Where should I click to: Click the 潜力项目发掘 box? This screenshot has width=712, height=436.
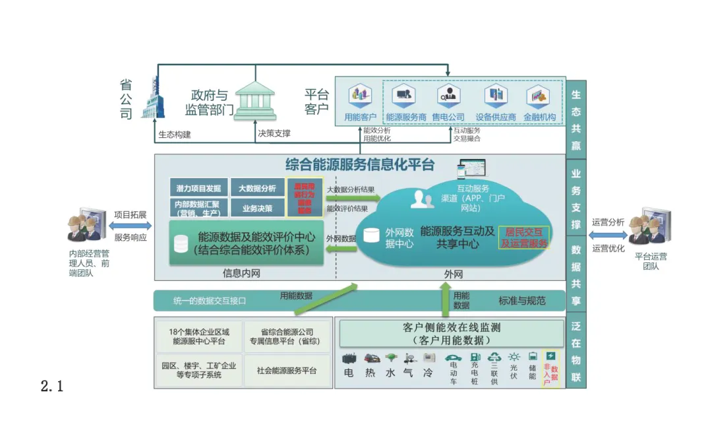point(198,187)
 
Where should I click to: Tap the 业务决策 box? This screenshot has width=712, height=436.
point(257,208)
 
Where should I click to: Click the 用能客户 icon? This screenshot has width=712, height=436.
point(360,98)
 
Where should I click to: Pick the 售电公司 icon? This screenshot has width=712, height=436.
point(448,98)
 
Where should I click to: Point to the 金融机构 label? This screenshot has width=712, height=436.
point(539,117)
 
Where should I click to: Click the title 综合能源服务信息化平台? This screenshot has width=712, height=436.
point(360,164)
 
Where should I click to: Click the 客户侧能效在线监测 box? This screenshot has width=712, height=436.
point(452,333)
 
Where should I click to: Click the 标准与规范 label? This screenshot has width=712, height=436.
point(522,301)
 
